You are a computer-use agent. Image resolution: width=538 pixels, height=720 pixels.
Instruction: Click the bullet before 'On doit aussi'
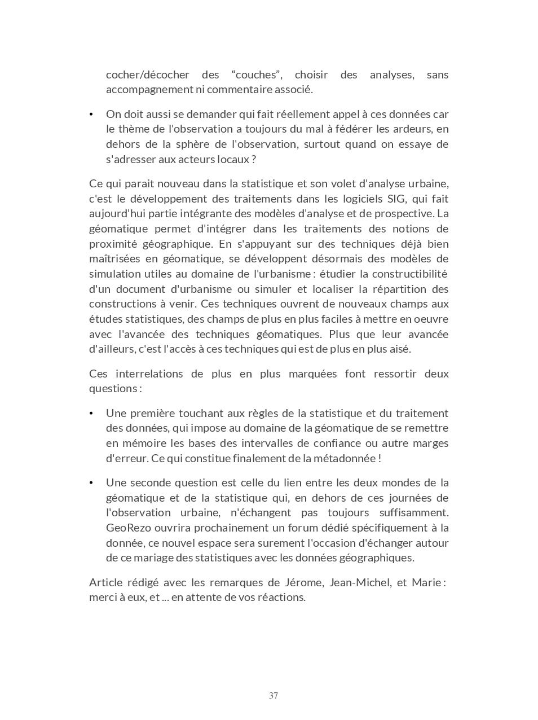click(91, 115)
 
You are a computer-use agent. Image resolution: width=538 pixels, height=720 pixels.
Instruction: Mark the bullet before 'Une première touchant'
click(91, 414)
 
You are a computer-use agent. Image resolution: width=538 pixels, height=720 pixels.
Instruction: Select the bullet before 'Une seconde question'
click(91, 483)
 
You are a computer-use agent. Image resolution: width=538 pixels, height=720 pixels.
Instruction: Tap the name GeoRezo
click(125, 528)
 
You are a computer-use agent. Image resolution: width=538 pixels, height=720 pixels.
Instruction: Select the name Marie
click(426, 582)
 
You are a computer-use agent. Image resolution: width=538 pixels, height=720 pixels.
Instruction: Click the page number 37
click(274, 696)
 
